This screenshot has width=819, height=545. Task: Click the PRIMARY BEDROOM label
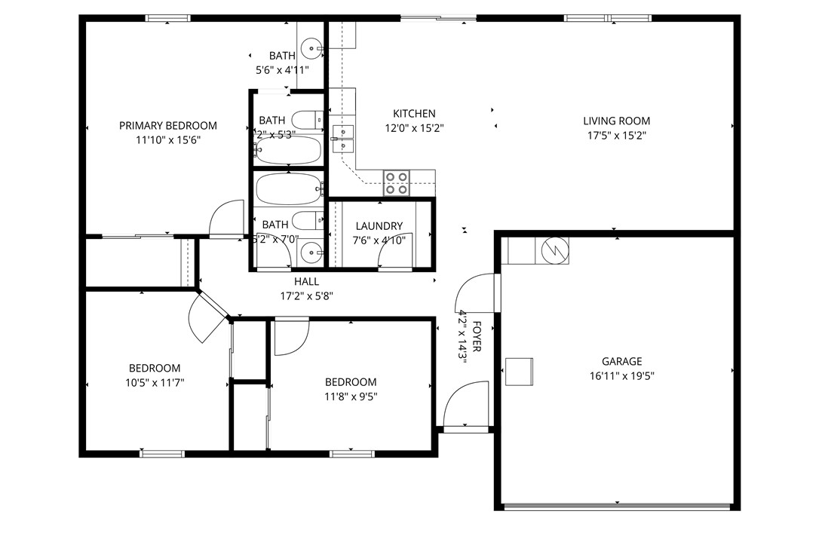[167, 126]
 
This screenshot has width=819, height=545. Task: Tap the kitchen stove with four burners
[397, 183]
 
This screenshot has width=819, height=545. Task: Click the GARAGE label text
[621, 362]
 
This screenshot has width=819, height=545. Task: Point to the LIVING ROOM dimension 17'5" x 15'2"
[616, 136]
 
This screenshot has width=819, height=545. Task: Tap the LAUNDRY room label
[379, 226]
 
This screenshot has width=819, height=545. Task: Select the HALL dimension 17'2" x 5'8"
[306, 296]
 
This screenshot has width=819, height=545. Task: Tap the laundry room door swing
[394, 256]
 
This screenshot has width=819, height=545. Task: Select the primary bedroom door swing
[225, 219]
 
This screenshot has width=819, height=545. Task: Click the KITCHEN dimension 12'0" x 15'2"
[414, 128]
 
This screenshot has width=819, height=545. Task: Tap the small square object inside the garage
[519, 371]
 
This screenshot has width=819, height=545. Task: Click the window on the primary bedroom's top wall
[167, 18]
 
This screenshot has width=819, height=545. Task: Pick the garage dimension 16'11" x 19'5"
[621, 375]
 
